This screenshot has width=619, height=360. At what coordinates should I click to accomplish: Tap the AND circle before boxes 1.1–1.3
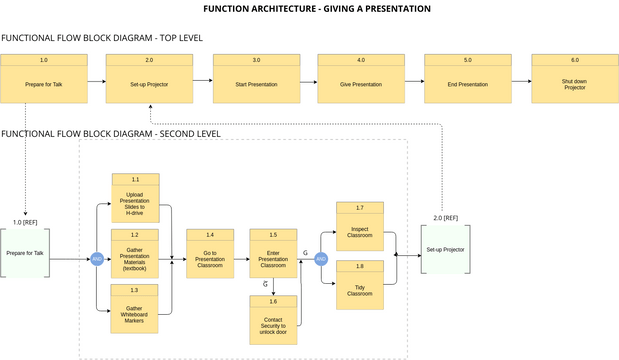97,259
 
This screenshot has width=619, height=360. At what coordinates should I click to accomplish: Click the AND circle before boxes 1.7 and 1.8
321,259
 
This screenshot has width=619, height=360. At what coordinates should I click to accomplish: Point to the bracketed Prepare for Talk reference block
25,253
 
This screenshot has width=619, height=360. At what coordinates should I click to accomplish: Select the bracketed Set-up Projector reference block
445,249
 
